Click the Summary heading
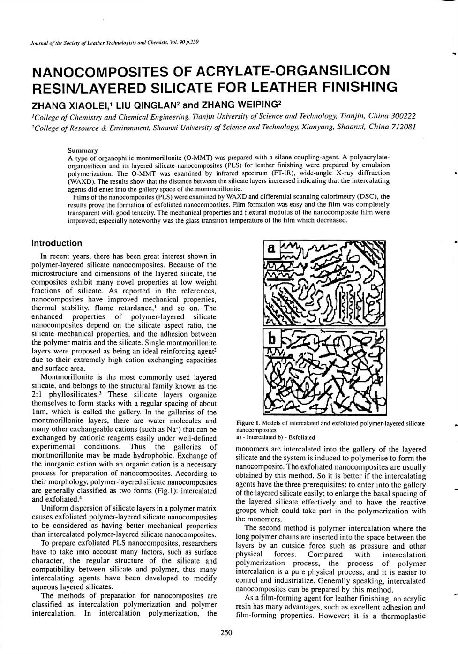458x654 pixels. point(83,150)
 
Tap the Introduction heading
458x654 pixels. point(56,243)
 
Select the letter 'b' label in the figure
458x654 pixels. point(270,338)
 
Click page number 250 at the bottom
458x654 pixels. point(226,632)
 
